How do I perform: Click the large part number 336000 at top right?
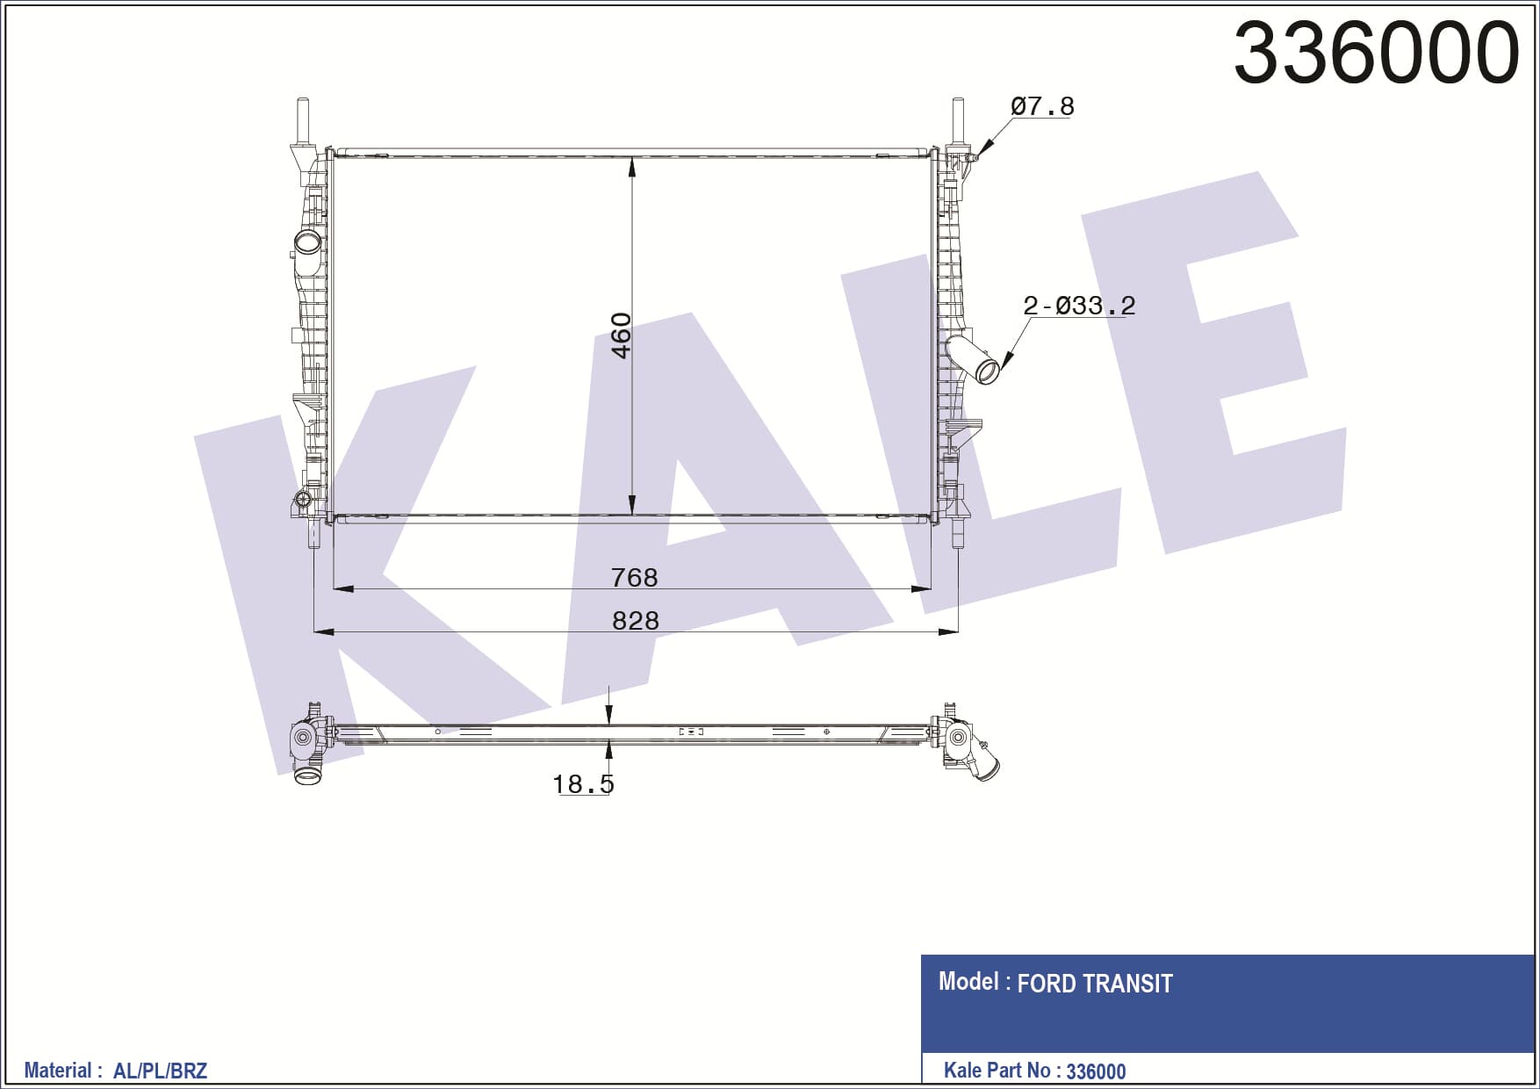pyautogui.click(x=1376, y=53)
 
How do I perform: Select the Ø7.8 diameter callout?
pyautogui.click(x=1042, y=106)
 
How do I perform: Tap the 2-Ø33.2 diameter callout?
pyautogui.click(x=1079, y=306)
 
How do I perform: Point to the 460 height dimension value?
pyautogui.click(x=621, y=335)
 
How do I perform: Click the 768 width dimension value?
pyautogui.click(x=634, y=577)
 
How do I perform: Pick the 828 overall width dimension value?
pyautogui.click(x=635, y=620)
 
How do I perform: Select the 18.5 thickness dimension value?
pyautogui.click(x=583, y=783)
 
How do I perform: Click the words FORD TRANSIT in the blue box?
pyautogui.click(x=1095, y=984)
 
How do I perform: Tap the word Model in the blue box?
pyautogui.click(x=968, y=981)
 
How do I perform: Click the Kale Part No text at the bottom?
pyautogui.click(x=997, y=1071)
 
